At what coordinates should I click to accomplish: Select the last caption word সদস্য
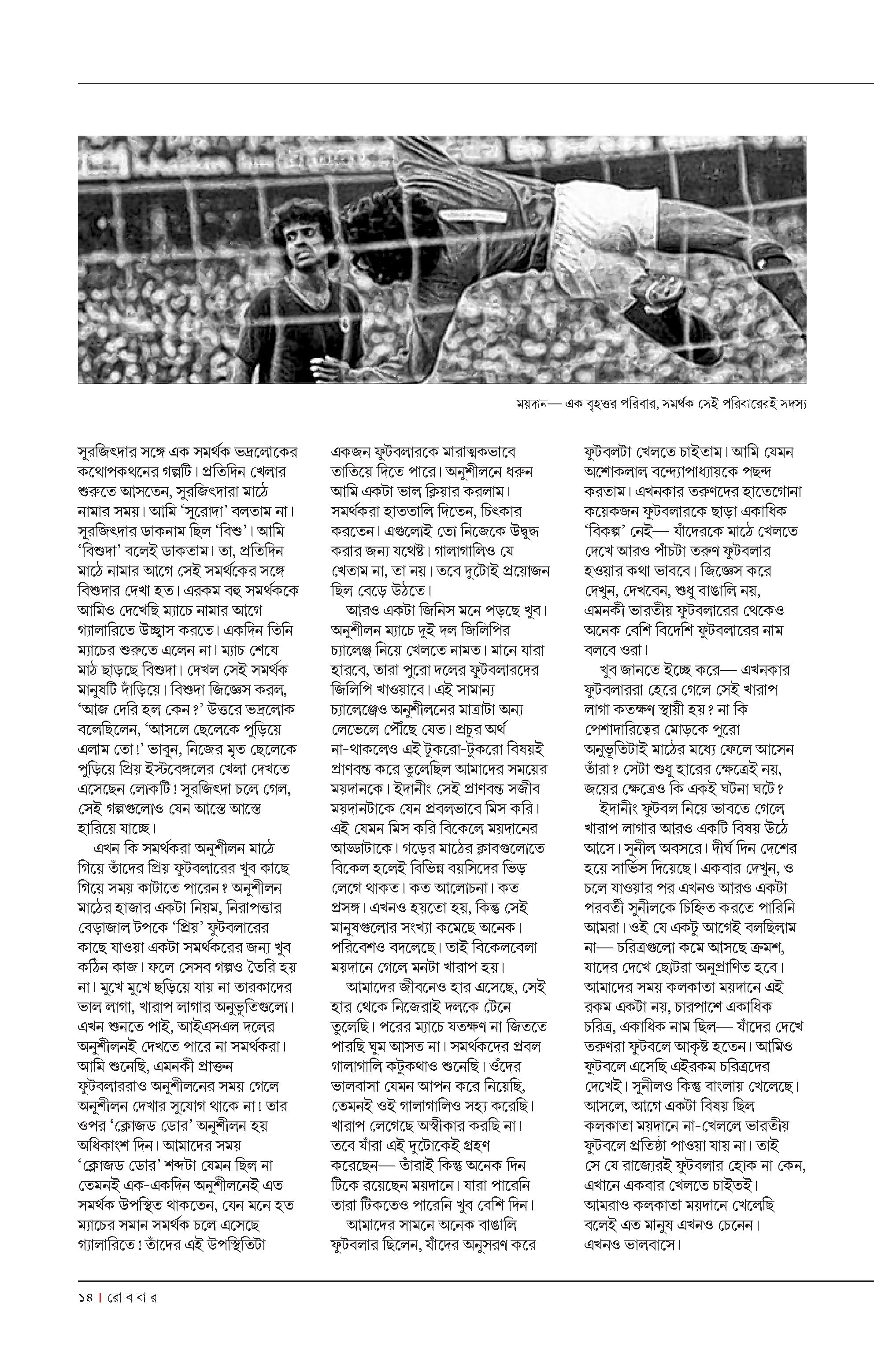[x=792, y=404]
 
